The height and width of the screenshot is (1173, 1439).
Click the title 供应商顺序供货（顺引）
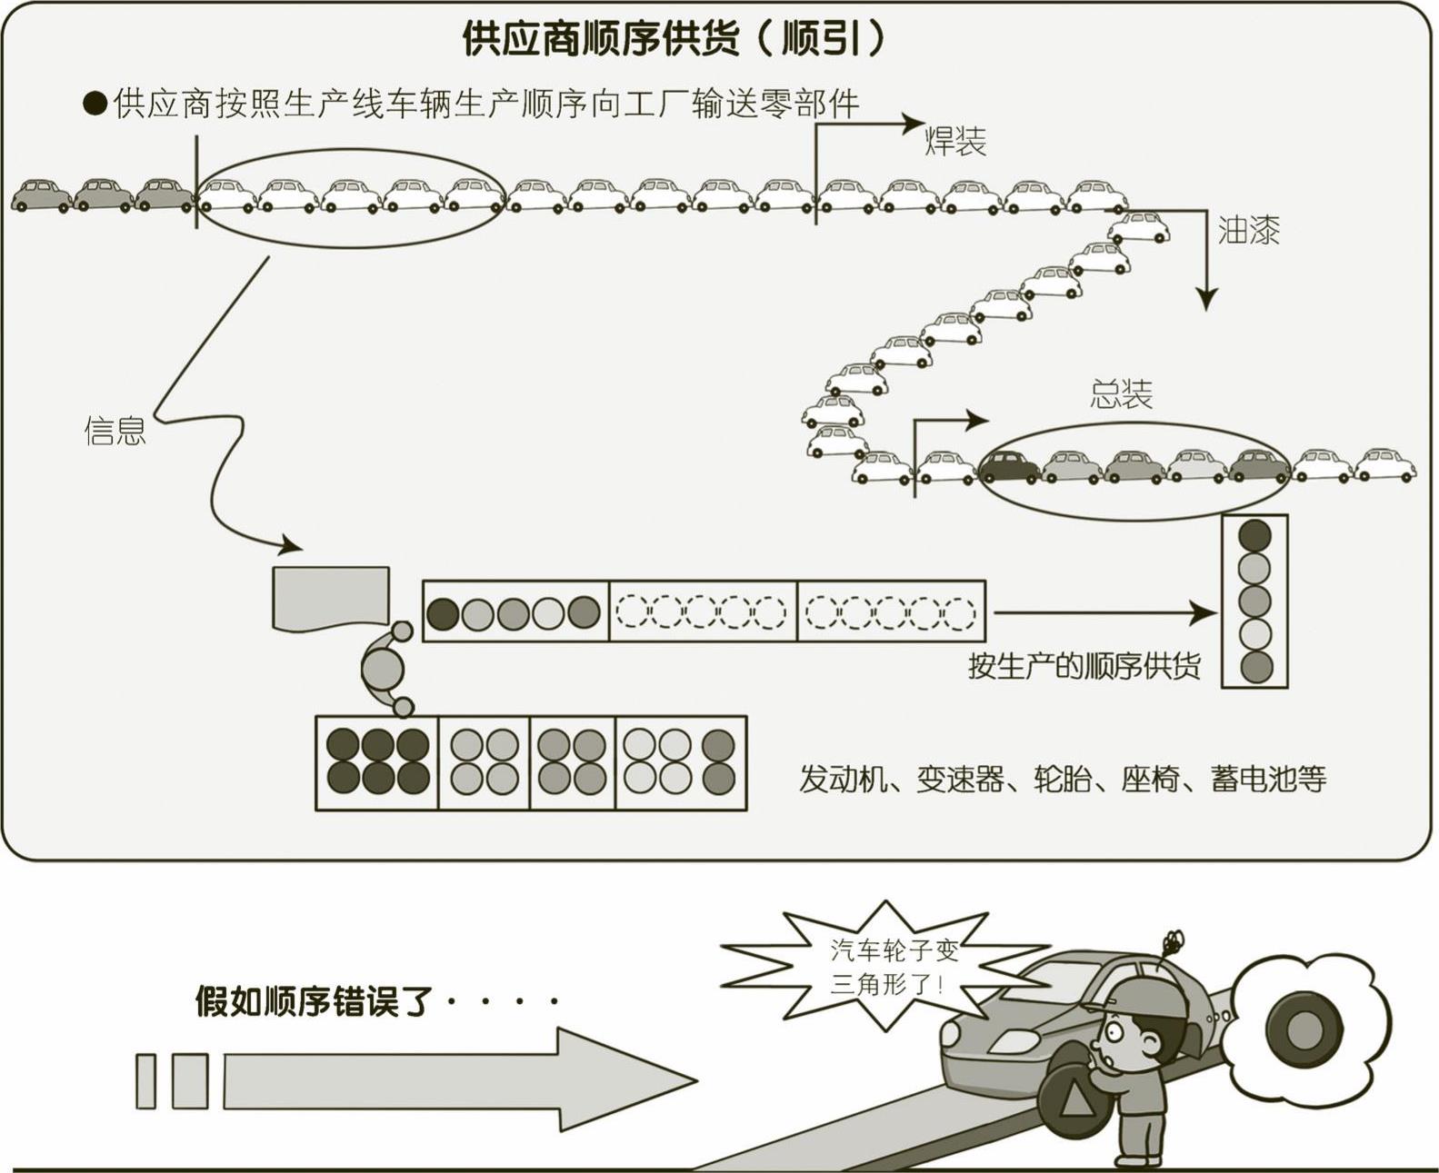(x=673, y=39)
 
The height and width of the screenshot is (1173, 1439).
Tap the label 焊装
(x=954, y=141)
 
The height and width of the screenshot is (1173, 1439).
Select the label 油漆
(x=1248, y=232)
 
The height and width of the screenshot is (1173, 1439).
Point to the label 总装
(x=1121, y=394)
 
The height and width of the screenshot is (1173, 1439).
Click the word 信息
(x=115, y=431)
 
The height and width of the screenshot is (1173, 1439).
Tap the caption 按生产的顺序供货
(x=1084, y=666)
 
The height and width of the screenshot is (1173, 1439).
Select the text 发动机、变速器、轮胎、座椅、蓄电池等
(x=1063, y=780)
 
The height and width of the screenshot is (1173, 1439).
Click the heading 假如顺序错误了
(x=312, y=1002)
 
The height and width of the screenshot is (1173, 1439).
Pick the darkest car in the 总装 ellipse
(x=1010, y=466)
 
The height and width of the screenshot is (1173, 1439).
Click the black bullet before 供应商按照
(x=95, y=104)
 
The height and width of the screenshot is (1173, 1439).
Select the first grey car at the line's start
(x=42, y=194)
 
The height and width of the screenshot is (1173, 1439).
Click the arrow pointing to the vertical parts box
(x=1104, y=613)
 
